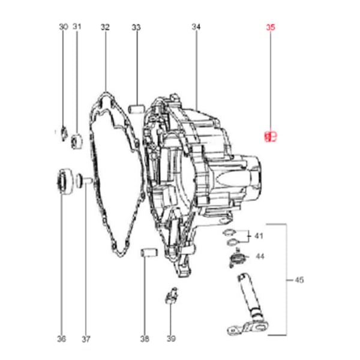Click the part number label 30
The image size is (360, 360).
tap(64, 27)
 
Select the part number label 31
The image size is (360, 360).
tap(77, 27)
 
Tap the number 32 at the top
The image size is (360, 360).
tap(105, 27)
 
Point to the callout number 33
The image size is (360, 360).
tap(136, 27)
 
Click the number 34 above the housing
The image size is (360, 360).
tap(196, 27)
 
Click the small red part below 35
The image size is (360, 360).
tap(270, 137)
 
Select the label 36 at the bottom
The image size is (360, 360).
tap(61, 339)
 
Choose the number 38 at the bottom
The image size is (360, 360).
tap(144, 339)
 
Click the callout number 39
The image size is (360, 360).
tap(172, 339)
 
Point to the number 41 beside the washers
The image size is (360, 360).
tap(259, 235)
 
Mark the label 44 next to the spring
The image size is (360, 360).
tap(260, 256)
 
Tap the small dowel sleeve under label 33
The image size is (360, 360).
tap(136, 110)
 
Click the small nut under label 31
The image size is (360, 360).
tap(77, 142)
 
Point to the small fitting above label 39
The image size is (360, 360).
tap(171, 295)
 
